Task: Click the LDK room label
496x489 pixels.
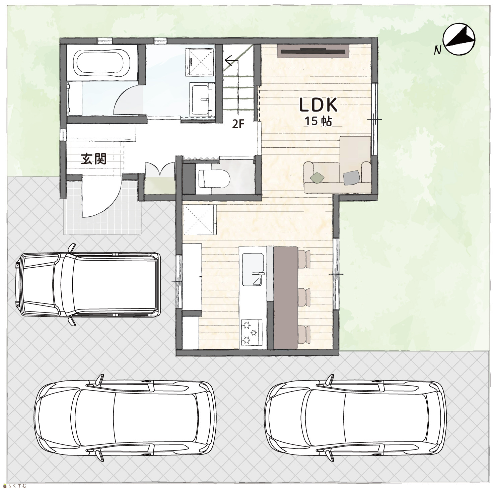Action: coord(317,105)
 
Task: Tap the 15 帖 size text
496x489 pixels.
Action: coord(318,121)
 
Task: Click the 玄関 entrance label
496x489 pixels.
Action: coord(94,159)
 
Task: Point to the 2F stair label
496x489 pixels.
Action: coord(239,124)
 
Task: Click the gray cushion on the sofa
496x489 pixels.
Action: coord(351,177)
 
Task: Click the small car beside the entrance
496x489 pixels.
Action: coord(88,284)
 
